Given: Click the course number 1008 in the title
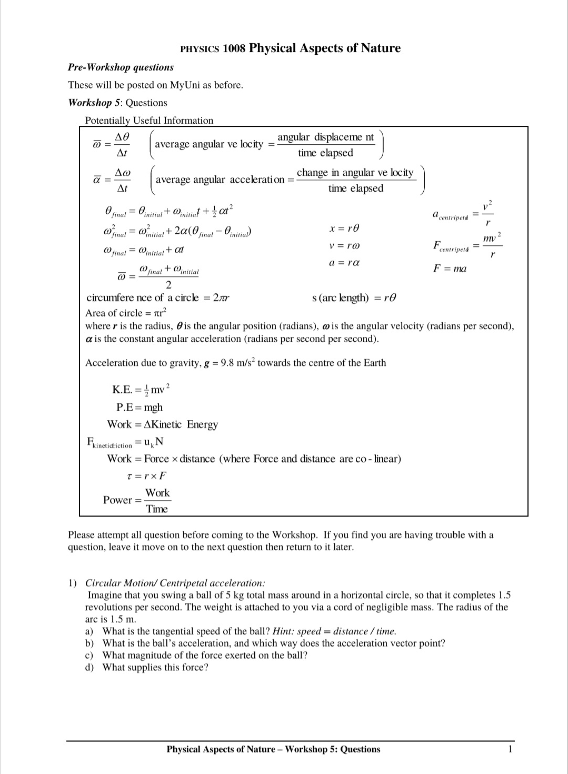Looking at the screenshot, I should point(234,48).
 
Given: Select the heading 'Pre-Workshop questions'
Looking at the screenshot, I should point(121,67).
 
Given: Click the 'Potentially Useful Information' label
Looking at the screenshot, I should point(149,121).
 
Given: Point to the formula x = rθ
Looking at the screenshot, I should point(344,229).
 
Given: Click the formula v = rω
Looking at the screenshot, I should point(344,246).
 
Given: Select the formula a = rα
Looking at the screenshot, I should point(344,263).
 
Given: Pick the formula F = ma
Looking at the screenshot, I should point(450,269).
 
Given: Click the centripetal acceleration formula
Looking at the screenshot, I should point(463,213).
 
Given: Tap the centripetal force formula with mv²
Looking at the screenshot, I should point(467,245).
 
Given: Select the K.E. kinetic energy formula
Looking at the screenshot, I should point(141,390).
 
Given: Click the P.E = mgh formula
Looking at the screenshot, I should point(139,408).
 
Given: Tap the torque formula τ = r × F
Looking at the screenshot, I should point(147,476).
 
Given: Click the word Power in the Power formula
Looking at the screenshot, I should point(117,500).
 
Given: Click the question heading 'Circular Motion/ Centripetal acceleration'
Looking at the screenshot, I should point(175,583).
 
